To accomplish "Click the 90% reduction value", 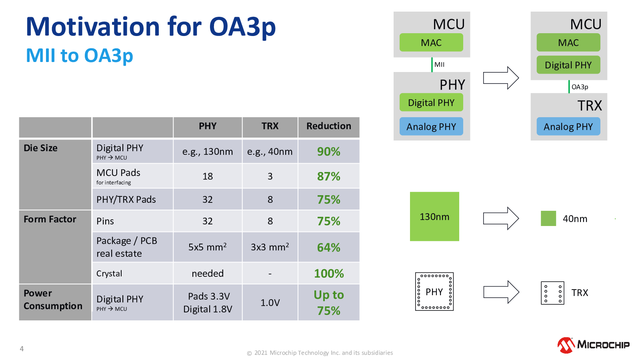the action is tap(328, 152).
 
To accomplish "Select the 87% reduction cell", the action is tap(328, 176).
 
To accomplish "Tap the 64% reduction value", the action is tap(328, 248).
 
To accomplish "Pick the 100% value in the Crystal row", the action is tap(329, 274).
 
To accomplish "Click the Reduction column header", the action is tap(329, 126).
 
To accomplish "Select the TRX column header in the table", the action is tap(270, 126).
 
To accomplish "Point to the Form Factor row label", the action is tap(50, 219).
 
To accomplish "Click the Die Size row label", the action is tap(40, 148).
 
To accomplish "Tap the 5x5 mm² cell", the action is tap(208, 246).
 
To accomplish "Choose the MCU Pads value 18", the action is tap(208, 176).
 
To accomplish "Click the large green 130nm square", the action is tap(434, 216).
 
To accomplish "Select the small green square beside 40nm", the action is tap(548, 218).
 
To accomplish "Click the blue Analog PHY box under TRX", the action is tap(568, 126).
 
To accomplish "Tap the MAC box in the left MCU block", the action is tap(431, 42).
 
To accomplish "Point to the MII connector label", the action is tap(440, 64).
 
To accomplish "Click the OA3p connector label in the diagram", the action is tap(580, 87).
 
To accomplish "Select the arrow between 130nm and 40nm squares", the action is tap(501, 218).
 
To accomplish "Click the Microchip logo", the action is tap(594, 345).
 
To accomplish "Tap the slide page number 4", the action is tap(22, 348).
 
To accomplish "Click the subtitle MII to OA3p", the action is tap(80, 55).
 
